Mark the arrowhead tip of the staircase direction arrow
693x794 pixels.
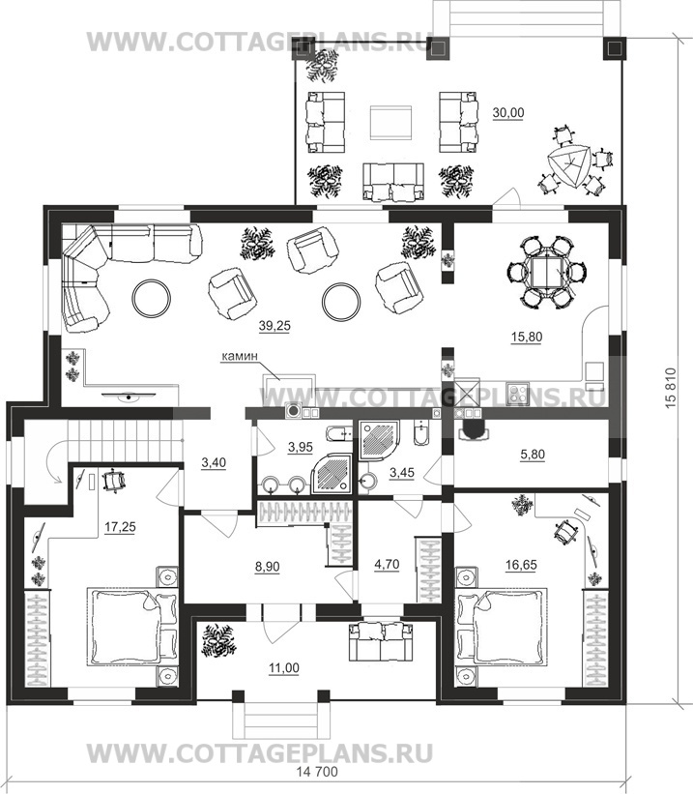[60, 482]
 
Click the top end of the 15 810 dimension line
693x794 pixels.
[676, 31]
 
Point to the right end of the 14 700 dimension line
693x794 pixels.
[627, 779]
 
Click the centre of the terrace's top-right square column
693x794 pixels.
[614, 48]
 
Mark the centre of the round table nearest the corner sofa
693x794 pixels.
[151, 298]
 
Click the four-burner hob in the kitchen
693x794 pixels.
[518, 394]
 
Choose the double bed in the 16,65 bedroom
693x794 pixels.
[503, 626]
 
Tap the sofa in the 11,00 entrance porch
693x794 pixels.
[381, 642]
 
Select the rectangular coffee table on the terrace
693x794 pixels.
[390, 122]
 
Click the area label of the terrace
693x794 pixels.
[508, 112]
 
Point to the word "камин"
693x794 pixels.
[239, 356]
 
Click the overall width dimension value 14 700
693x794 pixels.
[316, 786]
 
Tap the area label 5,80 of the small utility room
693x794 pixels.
[533, 455]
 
